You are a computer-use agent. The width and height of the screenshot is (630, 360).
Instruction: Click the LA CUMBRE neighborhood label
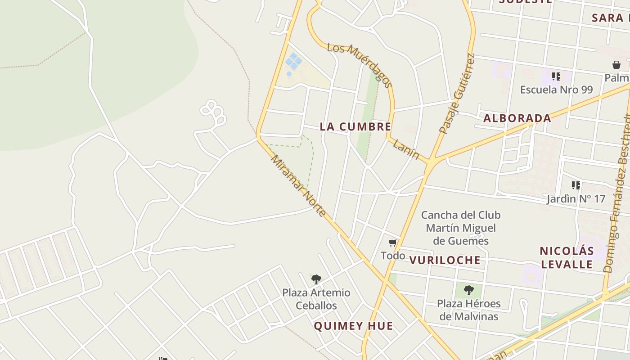click(355, 127)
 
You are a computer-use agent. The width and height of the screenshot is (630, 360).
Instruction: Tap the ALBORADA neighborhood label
click(517, 118)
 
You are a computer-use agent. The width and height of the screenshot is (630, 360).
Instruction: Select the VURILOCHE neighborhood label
click(445, 260)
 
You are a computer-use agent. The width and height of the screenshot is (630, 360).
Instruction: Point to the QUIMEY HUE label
click(353, 326)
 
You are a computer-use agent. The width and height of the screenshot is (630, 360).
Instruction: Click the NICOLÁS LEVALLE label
click(567, 257)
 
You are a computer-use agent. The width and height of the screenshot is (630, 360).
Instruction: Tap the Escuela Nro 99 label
click(556, 90)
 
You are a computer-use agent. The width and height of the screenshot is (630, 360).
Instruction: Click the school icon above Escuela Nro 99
click(556, 76)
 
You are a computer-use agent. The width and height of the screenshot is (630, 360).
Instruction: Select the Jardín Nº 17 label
click(576, 198)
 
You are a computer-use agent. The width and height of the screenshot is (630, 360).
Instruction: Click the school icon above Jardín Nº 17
click(576, 185)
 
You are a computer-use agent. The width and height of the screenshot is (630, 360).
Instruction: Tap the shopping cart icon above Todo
click(393, 243)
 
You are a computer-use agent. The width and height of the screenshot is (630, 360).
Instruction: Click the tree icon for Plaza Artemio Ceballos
click(316, 279)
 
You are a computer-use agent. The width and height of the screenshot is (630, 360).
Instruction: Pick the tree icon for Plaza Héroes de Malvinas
click(469, 290)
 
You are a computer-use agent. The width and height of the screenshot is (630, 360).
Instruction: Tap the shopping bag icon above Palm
click(616, 65)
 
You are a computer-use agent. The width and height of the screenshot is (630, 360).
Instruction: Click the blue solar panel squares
click(293, 61)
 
